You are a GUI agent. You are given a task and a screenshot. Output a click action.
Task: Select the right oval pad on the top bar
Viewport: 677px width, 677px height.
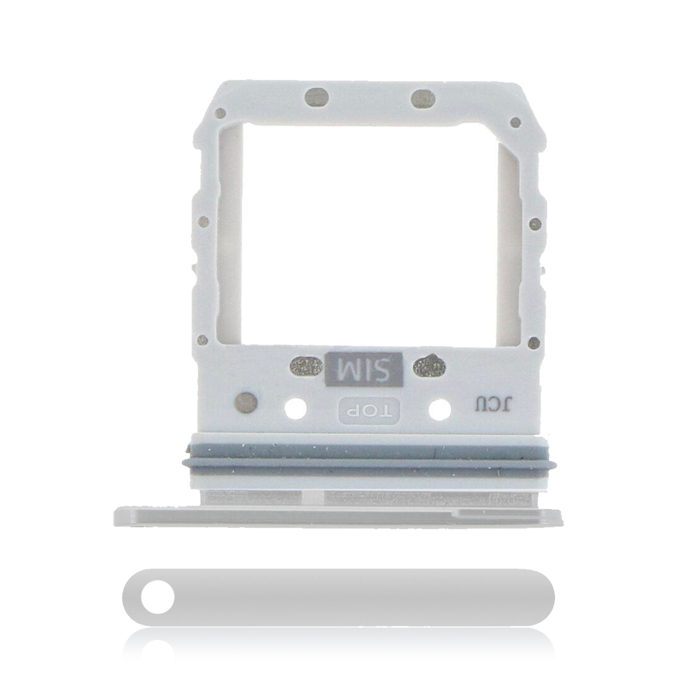(423, 98)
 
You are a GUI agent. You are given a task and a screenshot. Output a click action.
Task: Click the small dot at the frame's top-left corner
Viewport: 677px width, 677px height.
(220, 113)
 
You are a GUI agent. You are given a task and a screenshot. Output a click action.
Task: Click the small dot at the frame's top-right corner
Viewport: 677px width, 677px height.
(515, 122)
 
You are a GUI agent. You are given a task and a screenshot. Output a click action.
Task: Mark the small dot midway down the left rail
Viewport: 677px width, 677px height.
(204, 222)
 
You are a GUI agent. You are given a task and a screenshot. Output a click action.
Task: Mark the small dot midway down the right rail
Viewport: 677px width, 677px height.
(535, 224)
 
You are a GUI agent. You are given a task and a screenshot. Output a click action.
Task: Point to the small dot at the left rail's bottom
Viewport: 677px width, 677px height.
(203, 340)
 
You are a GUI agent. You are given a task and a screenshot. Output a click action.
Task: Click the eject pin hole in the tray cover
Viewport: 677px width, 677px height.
(157, 597)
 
